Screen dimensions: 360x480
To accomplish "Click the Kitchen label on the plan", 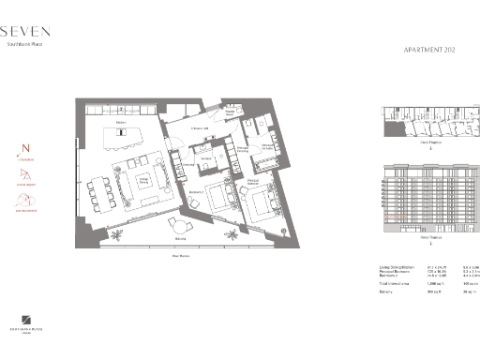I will pos(120,122).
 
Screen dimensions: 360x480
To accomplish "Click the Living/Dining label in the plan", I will pos(144,180).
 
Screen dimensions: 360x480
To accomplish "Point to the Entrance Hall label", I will pos(198,127).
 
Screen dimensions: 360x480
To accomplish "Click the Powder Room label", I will pos(228,112).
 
